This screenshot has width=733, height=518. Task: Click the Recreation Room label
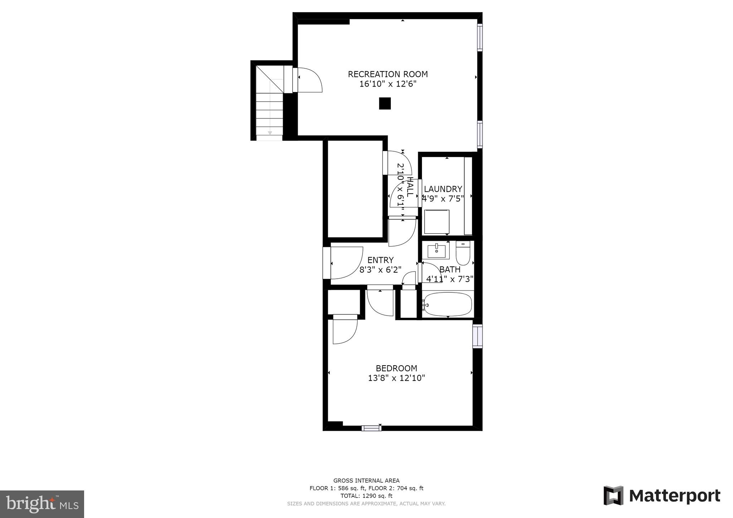point(388,74)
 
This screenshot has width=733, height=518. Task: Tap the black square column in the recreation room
point(385,103)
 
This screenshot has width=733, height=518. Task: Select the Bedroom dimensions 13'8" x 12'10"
point(396,378)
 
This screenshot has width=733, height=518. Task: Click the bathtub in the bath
point(447,304)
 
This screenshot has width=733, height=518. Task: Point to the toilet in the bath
point(463,253)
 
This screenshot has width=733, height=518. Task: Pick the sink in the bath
point(436,250)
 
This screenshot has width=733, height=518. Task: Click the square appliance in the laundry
point(437,221)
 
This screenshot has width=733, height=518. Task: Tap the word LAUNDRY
point(443,189)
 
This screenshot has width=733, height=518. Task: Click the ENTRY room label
point(380,260)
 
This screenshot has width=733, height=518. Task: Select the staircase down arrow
point(270,132)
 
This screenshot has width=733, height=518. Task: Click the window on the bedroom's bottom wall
point(371,428)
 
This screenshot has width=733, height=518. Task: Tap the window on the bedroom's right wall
point(477,336)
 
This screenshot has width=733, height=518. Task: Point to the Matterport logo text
point(674,496)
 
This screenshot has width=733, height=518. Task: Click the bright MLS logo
point(42,504)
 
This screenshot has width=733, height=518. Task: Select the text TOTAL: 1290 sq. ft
point(366,496)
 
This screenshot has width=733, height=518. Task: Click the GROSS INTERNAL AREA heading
point(366,480)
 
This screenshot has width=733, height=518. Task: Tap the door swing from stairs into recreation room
point(310,80)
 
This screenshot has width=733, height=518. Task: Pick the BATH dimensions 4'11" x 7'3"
point(450,279)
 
